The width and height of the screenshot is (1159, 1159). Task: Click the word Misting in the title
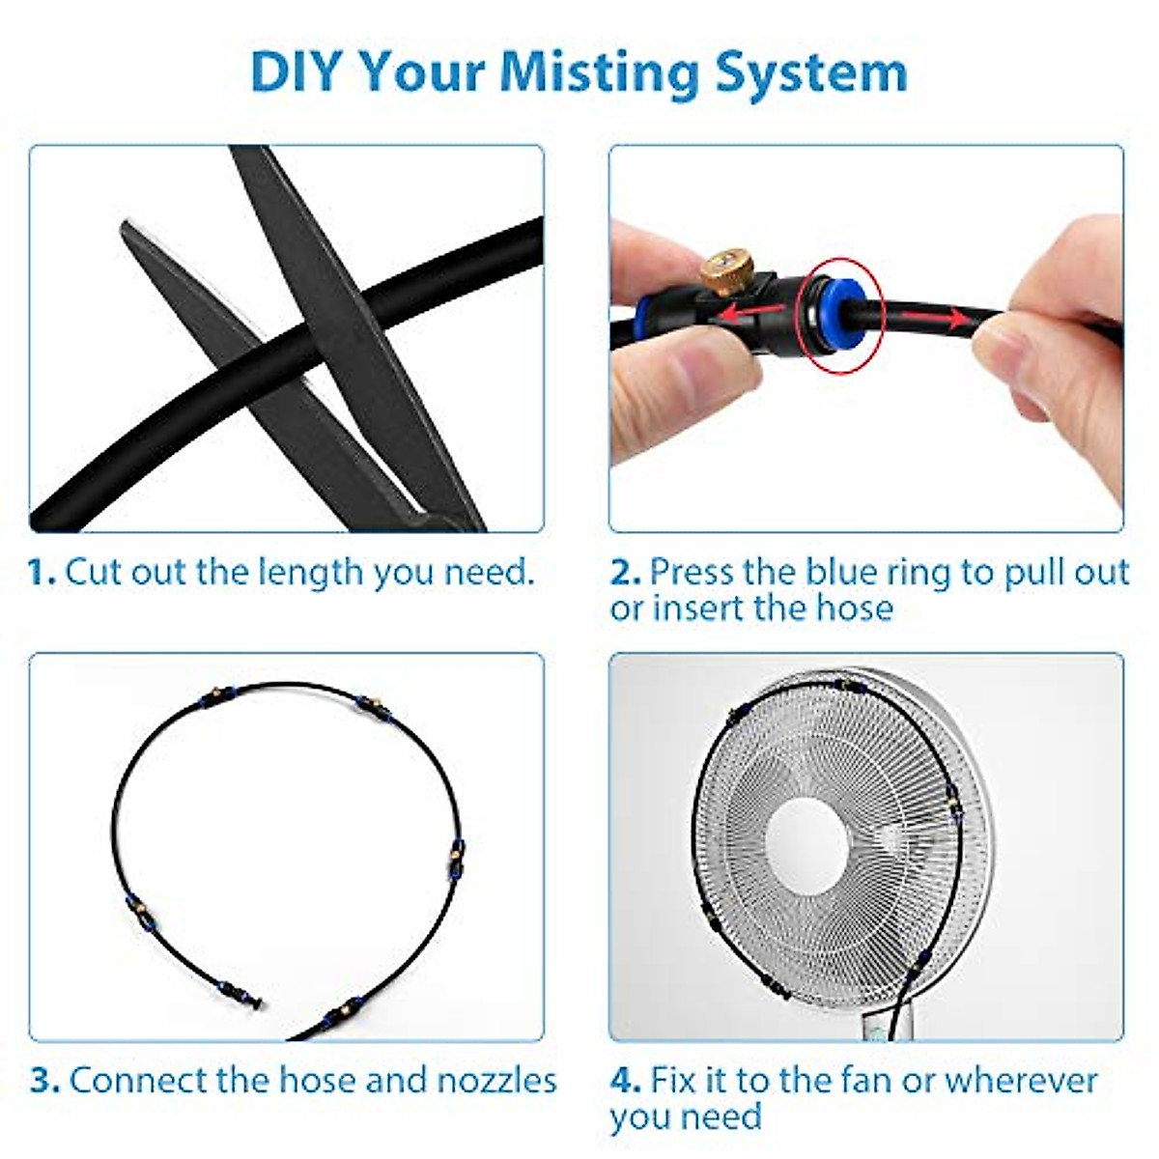tap(598, 72)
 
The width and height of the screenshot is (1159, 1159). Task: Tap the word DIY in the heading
tap(296, 72)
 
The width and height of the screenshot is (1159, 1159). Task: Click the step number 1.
tap(42, 572)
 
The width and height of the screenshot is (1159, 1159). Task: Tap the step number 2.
tap(625, 572)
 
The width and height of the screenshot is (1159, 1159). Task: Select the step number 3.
tap(44, 1080)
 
